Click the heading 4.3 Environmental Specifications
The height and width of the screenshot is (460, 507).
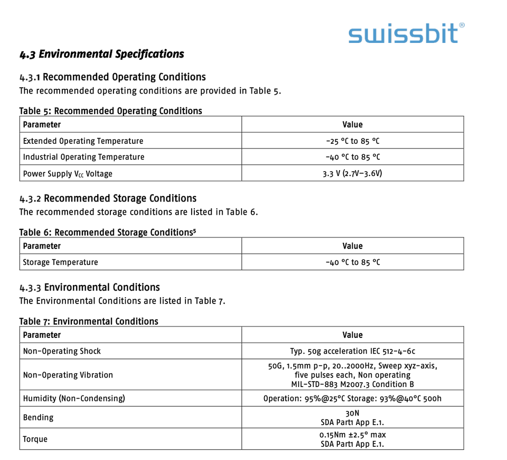click(102, 54)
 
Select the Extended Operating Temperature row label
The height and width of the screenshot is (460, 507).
click(83, 141)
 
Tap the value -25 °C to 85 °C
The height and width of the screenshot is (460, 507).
click(352, 141)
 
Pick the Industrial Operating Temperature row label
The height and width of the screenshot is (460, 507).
click(83, 157)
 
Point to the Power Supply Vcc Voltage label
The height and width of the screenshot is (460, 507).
click(68, 173)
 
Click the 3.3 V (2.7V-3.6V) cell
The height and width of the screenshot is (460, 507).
click(352, 173)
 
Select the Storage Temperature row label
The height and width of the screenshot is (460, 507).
click(60, 262)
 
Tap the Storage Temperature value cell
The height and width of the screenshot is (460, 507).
click(352, 262)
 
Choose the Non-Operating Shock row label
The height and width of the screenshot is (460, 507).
click(62, 351)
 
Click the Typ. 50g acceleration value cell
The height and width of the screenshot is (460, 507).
click(352, 351)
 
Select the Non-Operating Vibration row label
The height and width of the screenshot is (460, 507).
click(68, 375)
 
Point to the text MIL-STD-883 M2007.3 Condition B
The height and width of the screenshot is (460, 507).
click(352, 384)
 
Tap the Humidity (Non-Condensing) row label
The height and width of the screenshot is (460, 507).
click(74, 398)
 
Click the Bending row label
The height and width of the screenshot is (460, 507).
click(39, 417)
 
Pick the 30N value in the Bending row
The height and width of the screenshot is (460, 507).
click(352, 413)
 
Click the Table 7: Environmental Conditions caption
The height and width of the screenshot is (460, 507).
click(89, 321)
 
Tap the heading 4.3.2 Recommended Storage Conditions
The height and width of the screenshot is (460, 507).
click(108, 199)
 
